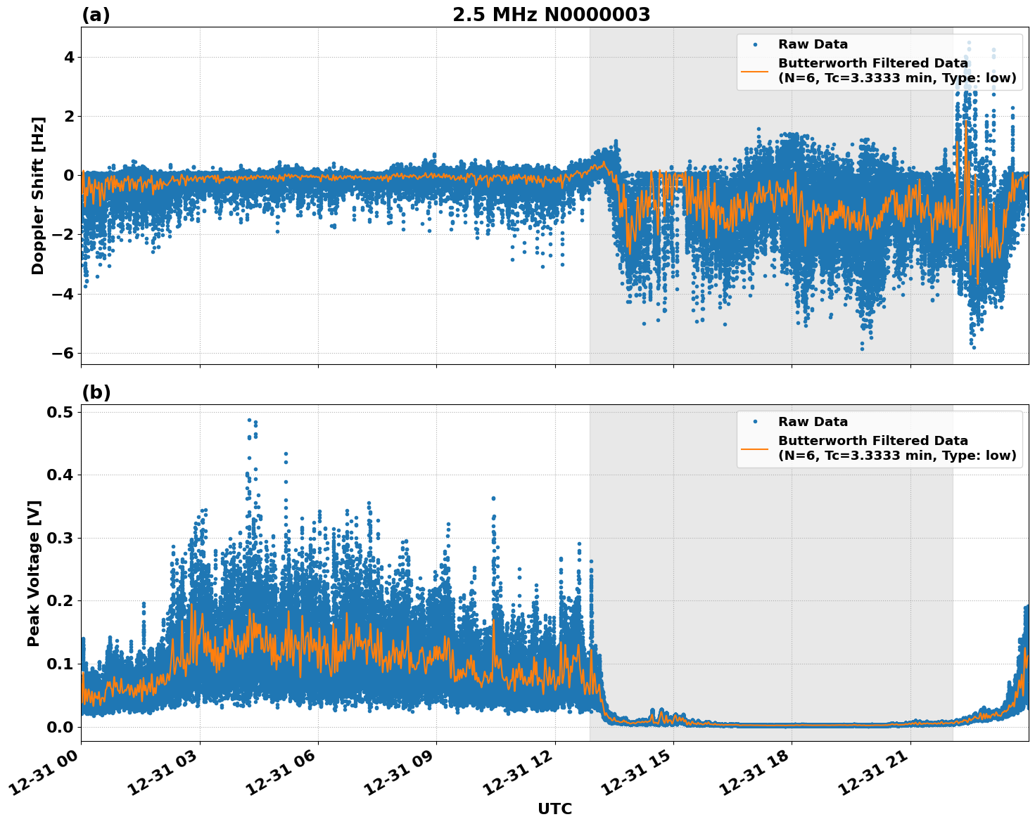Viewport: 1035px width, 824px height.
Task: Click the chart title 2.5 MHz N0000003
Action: pyautogui.click(x=551, y=15)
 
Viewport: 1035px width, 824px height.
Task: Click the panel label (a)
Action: pyautogui.click(x=96, y=15)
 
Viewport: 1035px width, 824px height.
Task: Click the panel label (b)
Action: pyautogui.click(x=96, y=392)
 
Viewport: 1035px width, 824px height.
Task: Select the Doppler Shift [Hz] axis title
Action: pyautogui.click(x=38, y=195)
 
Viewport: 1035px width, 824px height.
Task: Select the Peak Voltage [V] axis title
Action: pyautogui.click(x=34, y=573)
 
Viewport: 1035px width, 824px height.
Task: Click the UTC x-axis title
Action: pyautogui.click(x=554, y=809)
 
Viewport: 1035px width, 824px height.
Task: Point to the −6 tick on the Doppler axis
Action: pyautogui.click(x=63, y=353)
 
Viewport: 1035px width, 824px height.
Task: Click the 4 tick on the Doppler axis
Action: pyautogui.click(x=68, y=57)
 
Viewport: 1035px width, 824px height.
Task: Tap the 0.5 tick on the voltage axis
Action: pyautogui.click(x=61, y=412)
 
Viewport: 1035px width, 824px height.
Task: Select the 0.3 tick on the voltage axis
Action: pyautogui.click(x=61, y=538)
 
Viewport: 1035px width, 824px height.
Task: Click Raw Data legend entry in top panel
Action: pyautogui.click(x=813, y=44)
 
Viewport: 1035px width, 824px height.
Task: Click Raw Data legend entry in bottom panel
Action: pyautogui.click(x=813, y=422)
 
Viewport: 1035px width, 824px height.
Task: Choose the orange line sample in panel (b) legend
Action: pyautogui.click(x=754, y=448)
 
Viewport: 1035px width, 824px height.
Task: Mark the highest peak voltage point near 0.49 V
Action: pyautogui.click(x=249, y=420)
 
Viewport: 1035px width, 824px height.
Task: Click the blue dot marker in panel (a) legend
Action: pyautogui.click(x=754, y=44)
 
